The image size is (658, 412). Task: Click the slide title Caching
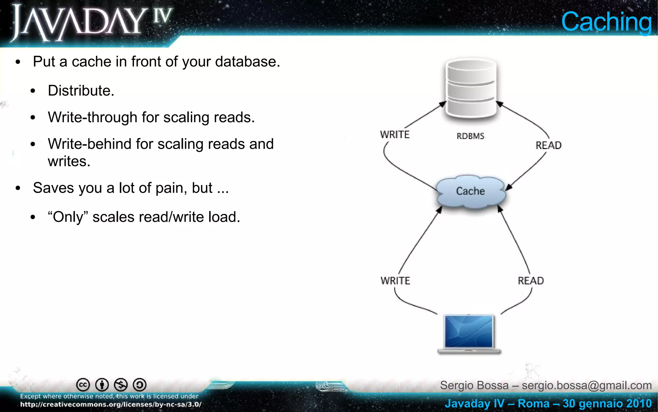pyautogui.click(x=606, y=22)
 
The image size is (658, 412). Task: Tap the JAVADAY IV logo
pyautogui.click(x=92, y=23)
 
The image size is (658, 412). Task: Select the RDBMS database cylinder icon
pyautogui.click(x=471, y=89)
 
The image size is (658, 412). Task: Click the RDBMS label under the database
pyautogui.click(x=470, y=136)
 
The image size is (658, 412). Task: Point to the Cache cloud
pyautogui.click(x=470, y=191)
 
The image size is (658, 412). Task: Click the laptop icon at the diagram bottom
pyautogui.click(x=469, y=334)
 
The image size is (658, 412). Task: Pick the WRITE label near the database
pyautogui.click(x=395, y=135)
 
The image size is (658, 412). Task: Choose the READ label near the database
pyautogui.click(x=548, y=145)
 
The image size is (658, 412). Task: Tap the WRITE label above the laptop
pyautogui.click(x=395, y=281)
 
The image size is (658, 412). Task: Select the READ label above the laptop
pyautogui.click(x=531, y=281)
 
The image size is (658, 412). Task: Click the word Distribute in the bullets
pyautogui.click(x=81, y=91)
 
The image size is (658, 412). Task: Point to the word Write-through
pyautogui.click(x=93, y=117)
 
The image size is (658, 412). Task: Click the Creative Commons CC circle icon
pyautogui.click(x=83, y=385)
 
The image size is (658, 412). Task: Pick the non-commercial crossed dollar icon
pyautogui.click(x=121, y=385)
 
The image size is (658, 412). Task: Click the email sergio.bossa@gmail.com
pyautogui.click(x=587, y=385)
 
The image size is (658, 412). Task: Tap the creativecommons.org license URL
pyautogui.click(x=111, y=405)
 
